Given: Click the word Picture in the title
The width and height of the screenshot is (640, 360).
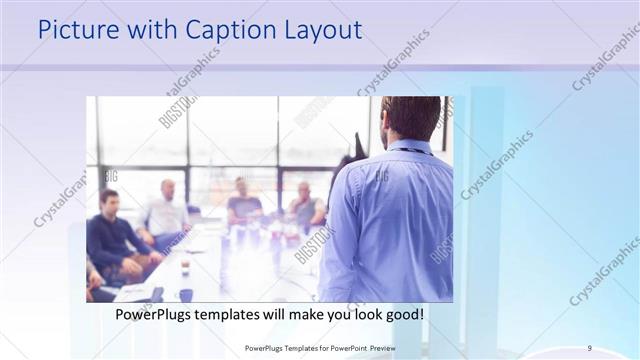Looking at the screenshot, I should (77, 30).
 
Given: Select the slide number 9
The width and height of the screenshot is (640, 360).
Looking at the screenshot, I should (590, 347).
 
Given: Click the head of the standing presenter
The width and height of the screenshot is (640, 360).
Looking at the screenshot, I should (410, 118).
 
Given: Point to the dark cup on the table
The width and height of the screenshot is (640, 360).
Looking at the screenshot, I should (186, 294).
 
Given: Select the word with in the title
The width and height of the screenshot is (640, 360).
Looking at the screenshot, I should (142, 30).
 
